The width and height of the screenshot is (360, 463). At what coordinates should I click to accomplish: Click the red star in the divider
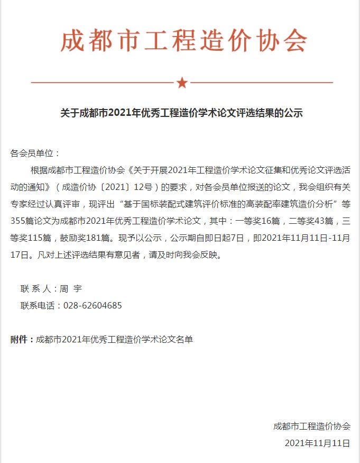point(182,83)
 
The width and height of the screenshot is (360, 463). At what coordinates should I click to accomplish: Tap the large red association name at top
point(183,41)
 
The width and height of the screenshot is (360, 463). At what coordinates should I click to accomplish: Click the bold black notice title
point(181,113)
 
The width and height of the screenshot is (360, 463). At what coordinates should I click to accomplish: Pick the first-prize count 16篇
point(267,220)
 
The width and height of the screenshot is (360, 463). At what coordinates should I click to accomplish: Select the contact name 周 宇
point(71,289)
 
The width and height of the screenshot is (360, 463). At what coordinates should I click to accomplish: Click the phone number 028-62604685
point(93,306)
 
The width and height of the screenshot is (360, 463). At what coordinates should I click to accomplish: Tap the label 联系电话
point(40,306)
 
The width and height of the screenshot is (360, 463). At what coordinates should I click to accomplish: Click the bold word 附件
point(21,339)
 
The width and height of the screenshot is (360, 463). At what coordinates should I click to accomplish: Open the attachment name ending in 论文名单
point(114,339)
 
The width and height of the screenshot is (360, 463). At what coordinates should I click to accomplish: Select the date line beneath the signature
point(317,443)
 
